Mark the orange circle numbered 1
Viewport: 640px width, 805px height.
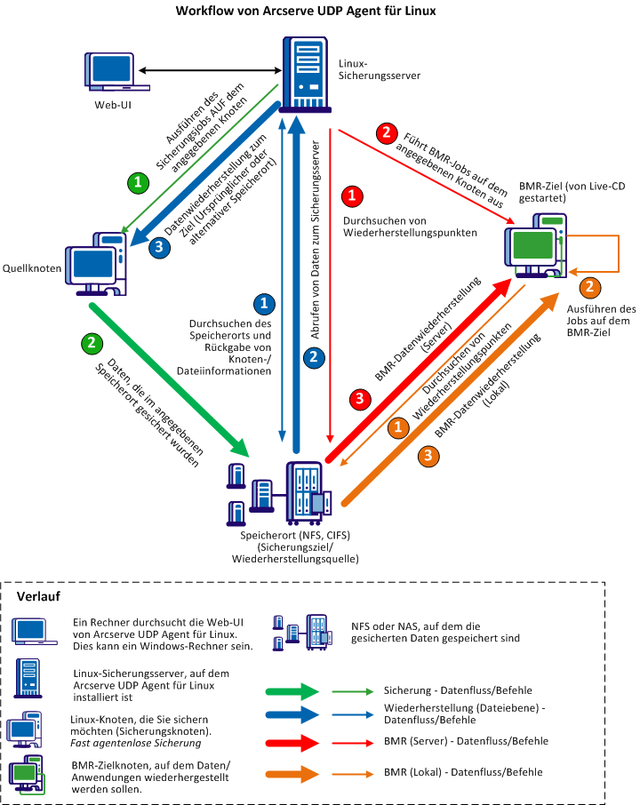(399, 426)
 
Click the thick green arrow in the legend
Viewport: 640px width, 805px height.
(292, 689)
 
